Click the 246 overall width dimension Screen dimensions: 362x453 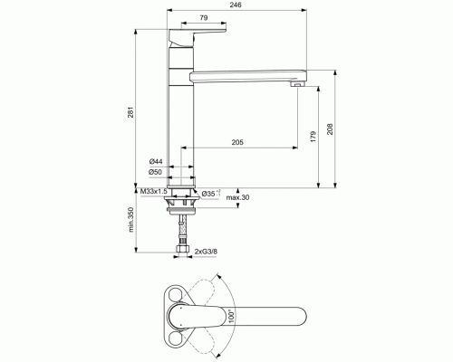(x=236, y=6)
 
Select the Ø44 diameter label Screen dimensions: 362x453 (x=156, y=161)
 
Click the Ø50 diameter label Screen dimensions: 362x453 (x=156, y=172)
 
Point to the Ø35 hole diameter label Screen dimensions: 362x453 (x=208, y=193)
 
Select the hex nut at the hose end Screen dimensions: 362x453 (x=182, y=252)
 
